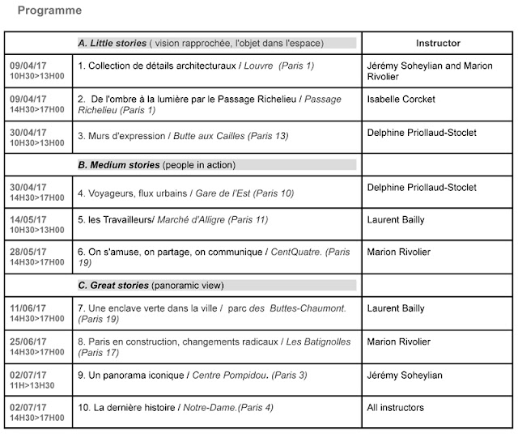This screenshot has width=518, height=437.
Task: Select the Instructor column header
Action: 438,43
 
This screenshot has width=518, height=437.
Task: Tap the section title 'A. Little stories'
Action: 112,43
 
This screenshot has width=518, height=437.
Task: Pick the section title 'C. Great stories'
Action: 113,286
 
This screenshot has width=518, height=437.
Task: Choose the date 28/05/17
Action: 28,252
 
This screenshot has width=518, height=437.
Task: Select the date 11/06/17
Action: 28,308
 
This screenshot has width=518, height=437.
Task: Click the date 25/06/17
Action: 28,341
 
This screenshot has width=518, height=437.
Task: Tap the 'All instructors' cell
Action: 396,407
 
